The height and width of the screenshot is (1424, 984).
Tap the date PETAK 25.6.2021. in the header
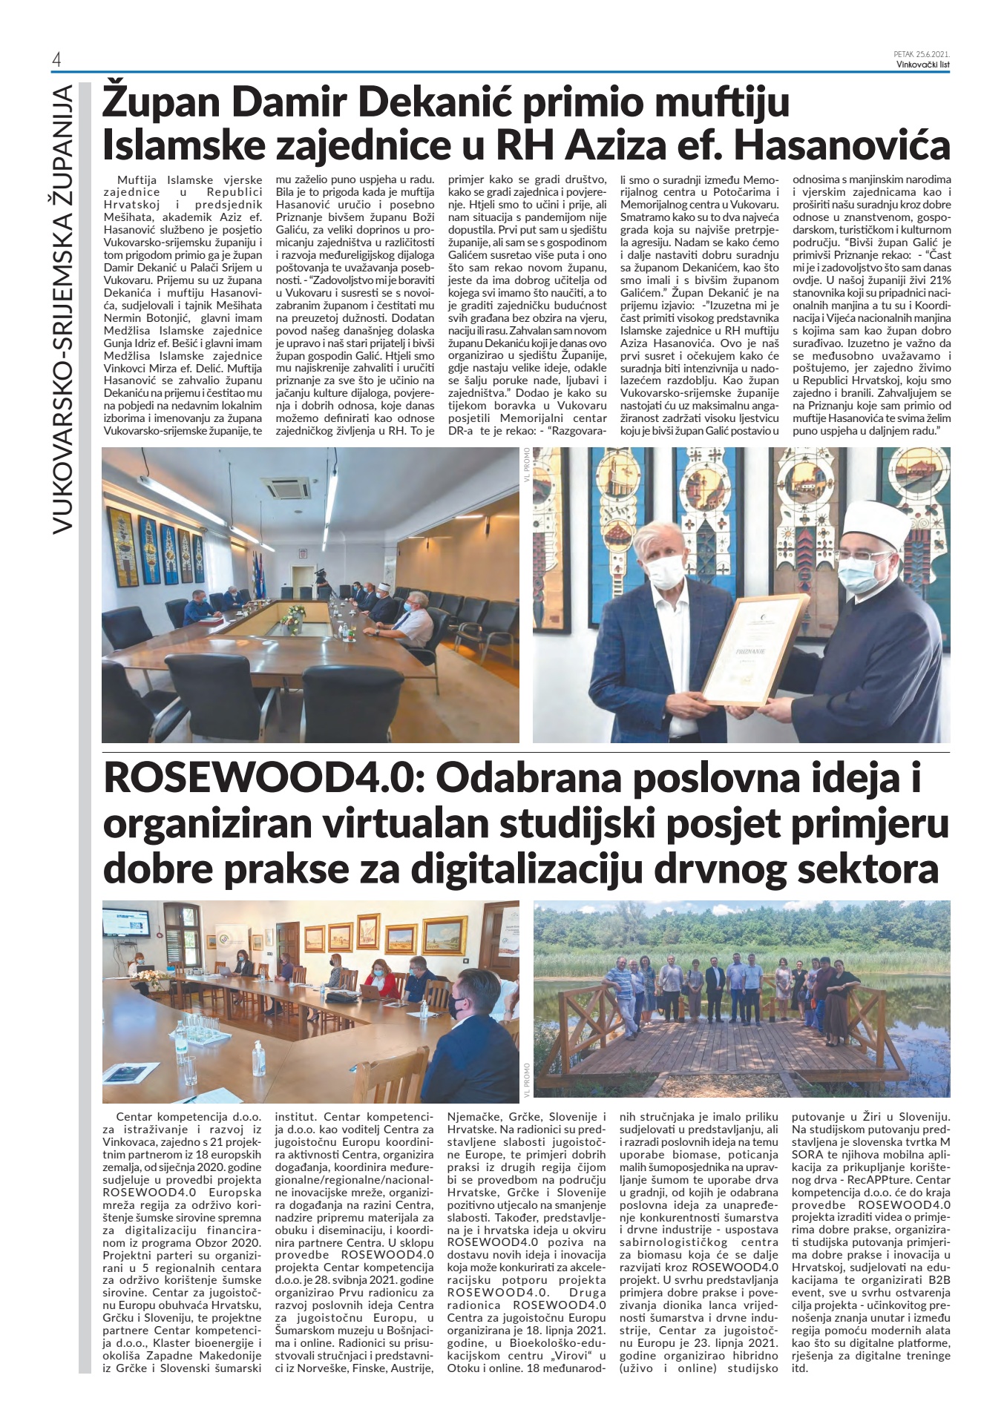tap(922, 54)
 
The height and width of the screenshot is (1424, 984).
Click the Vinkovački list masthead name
tap(922, 64)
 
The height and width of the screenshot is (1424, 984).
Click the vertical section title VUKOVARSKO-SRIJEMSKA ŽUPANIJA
tap(63, 308)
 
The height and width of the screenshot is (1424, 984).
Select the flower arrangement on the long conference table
tap(297, 612)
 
